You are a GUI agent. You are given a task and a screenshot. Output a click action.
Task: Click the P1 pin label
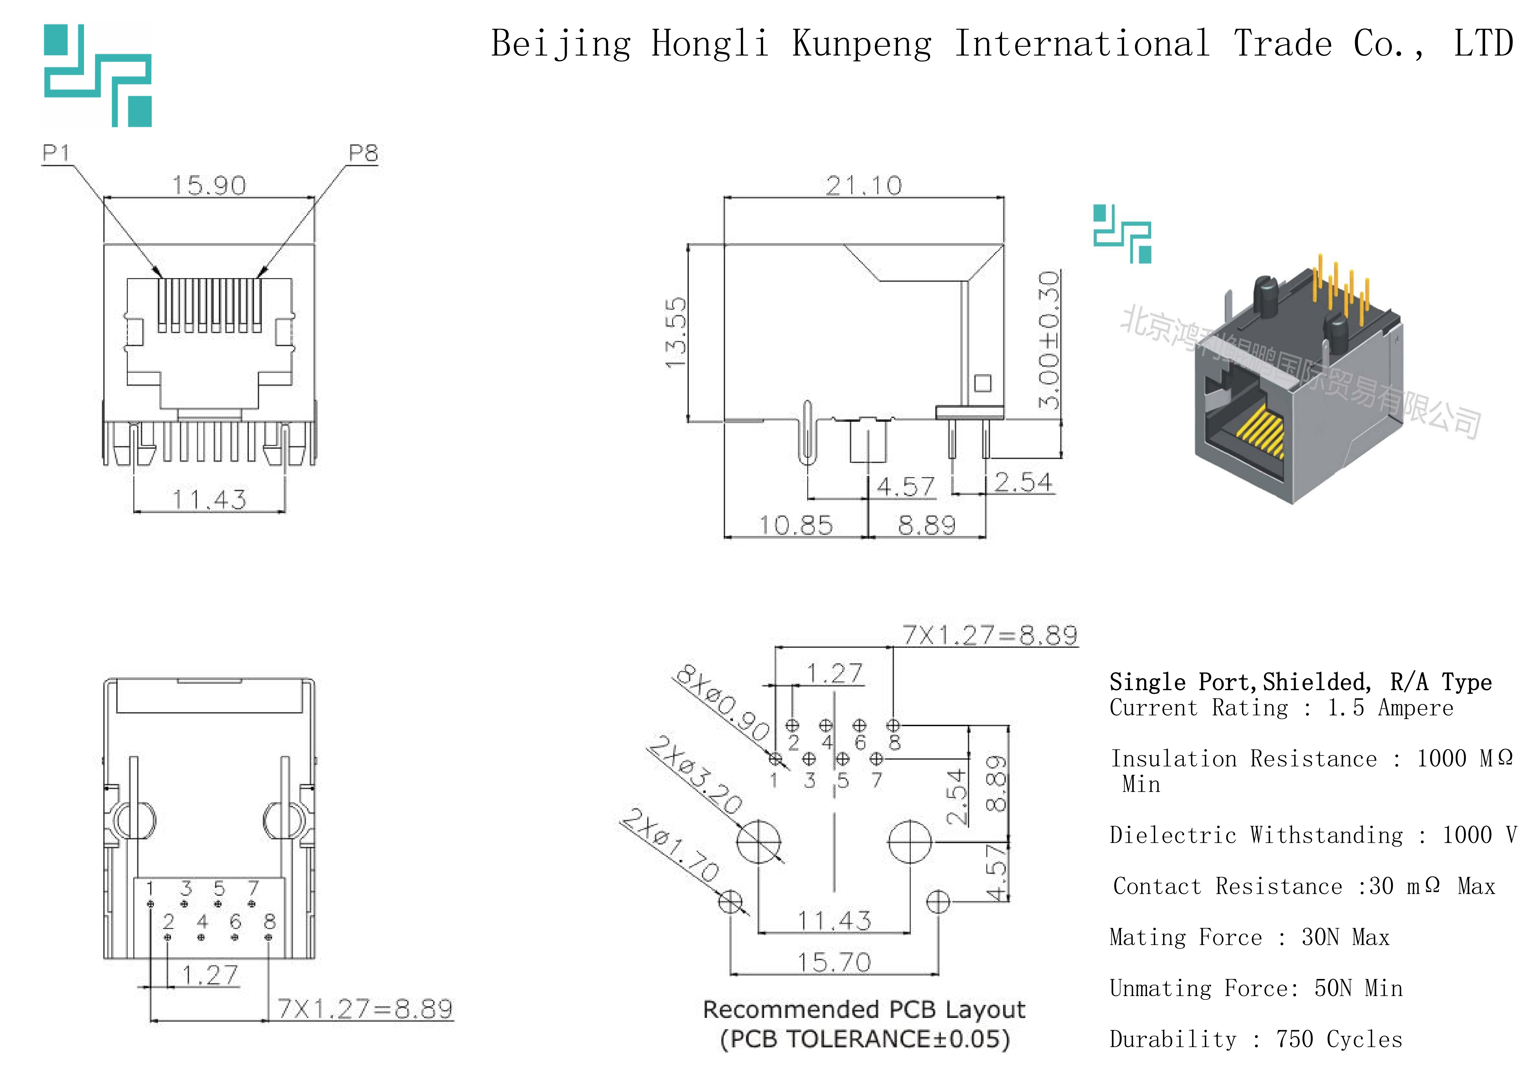[56, 153]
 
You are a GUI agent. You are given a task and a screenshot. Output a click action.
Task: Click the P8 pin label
[363, 153]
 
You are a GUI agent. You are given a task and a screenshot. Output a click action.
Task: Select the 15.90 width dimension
[209, 185]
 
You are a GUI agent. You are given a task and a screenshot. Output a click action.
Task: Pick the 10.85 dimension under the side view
[796, 525]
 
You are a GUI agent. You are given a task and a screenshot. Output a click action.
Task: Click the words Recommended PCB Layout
[864, 1009]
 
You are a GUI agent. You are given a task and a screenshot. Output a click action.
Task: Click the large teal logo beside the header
[98, 75]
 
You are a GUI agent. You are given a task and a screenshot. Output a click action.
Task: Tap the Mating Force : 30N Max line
[1249, 937]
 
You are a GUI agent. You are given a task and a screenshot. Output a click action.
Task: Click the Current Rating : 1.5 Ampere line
[1281, 707]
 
